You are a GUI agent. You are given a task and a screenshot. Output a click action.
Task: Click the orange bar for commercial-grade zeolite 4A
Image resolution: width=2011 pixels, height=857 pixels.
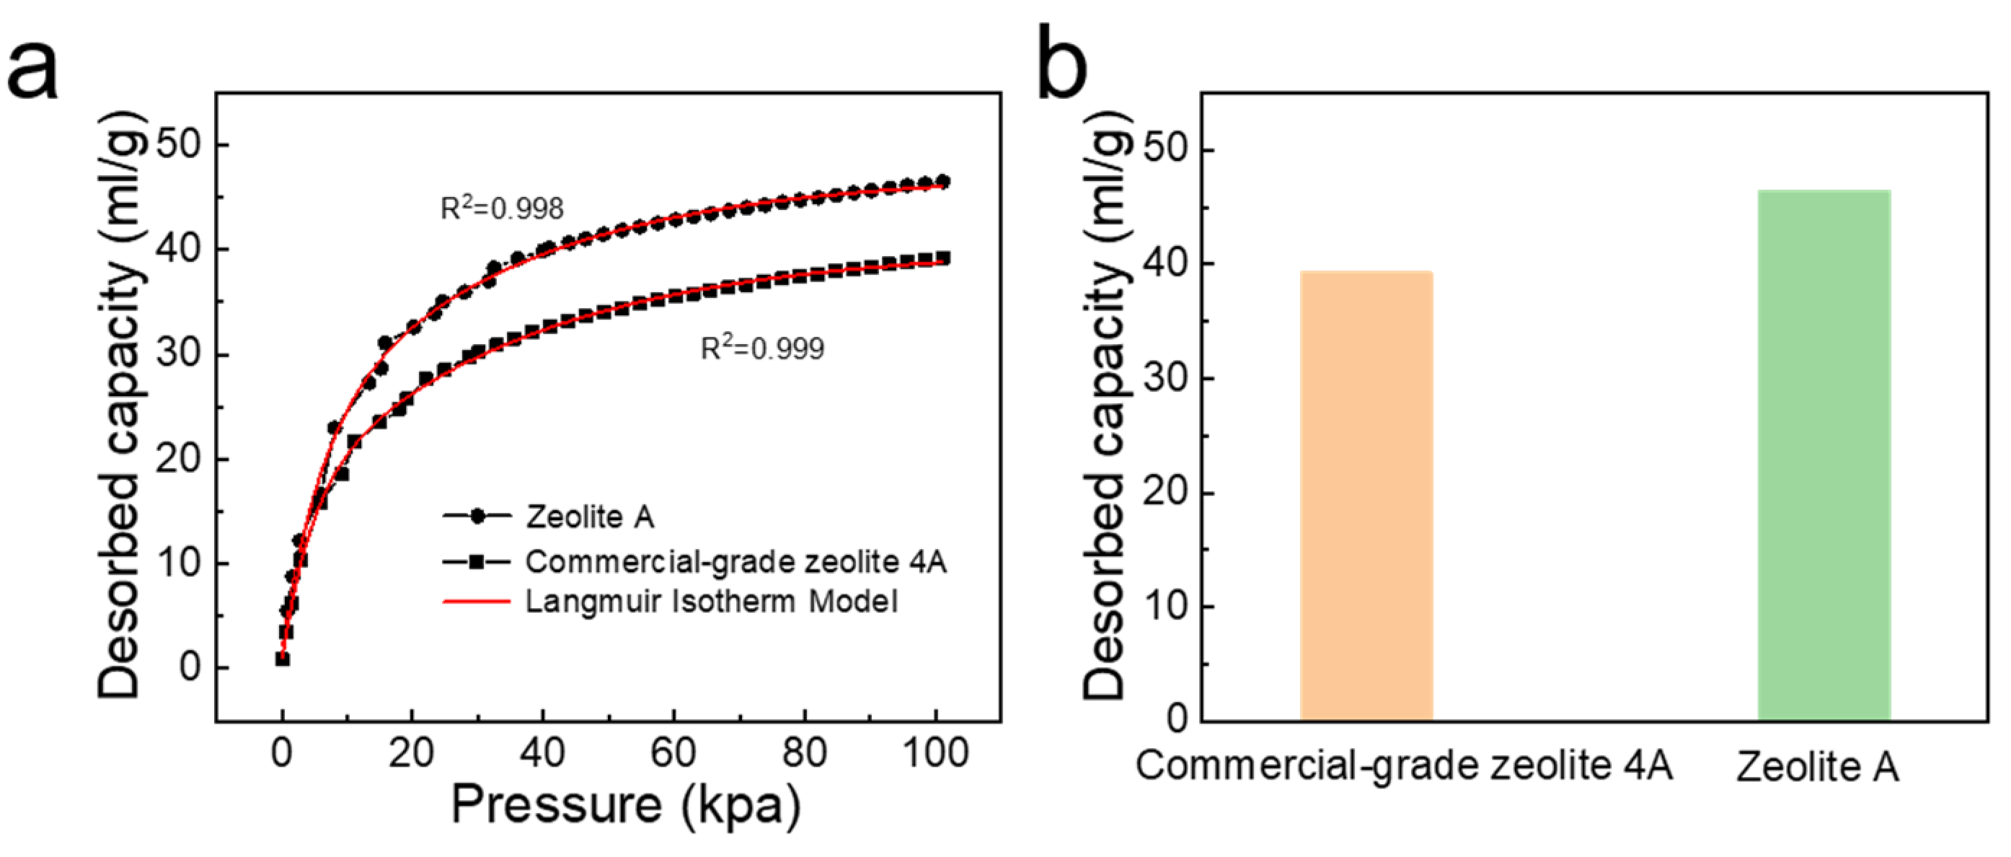[1366, 496]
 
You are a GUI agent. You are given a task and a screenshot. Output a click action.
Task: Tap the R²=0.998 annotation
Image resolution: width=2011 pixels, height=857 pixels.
[502, 208]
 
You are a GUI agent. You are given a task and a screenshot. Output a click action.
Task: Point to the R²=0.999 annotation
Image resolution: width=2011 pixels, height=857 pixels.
[762, 348]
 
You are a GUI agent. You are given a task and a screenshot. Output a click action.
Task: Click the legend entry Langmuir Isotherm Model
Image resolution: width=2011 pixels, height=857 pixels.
[710, 602]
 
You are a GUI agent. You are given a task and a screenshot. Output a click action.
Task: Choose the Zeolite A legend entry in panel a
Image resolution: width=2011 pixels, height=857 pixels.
[589, 517]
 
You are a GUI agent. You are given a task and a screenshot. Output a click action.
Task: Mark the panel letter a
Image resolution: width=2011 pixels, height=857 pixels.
[32, 70]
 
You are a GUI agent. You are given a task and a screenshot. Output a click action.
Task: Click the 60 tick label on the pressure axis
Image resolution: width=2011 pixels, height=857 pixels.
[673, 753]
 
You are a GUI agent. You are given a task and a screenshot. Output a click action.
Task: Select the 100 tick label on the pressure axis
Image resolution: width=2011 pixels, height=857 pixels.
[935, 753]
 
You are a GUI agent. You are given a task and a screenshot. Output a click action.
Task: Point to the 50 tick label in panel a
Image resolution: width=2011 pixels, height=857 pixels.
[179, 144]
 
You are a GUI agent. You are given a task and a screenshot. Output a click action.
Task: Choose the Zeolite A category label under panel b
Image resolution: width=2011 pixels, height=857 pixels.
[1816, 766]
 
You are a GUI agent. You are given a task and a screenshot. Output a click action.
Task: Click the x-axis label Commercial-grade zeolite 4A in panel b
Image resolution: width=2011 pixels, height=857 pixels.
[1404, 765]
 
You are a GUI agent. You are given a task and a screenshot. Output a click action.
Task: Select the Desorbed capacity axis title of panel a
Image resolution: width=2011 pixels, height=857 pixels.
[121, 406]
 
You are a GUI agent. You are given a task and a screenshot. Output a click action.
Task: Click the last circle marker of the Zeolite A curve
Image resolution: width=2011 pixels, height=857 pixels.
[942, 181]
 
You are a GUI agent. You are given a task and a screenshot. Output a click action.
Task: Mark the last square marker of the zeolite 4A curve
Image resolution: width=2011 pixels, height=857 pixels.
[942, 258]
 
